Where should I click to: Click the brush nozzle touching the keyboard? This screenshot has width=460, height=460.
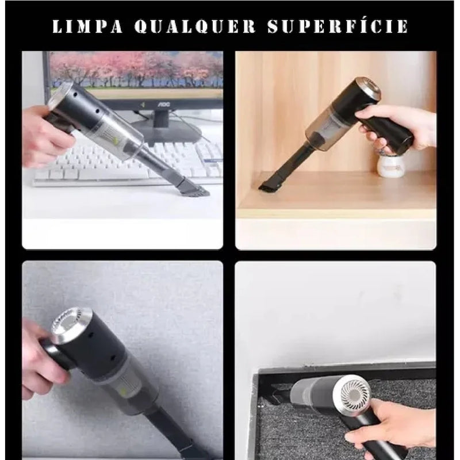193,186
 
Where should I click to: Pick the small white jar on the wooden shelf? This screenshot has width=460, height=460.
390,165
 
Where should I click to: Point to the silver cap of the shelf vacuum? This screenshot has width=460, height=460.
368,89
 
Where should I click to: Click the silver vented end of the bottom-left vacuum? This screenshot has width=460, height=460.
69,325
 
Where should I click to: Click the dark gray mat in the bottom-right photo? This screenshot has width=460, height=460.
287,425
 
